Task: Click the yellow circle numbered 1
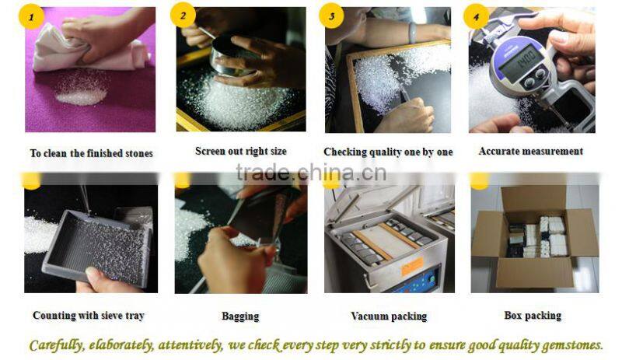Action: pyautogui.click(x=31, y=16)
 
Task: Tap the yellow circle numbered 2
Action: pyautogui.click(x=183, y=16)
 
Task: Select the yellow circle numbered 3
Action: pyautogui.click(x=331, y=16)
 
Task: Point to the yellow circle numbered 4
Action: pyautogui.click(x=476, y=16)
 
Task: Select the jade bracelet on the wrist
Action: pyautogui.click(x=413, y=32)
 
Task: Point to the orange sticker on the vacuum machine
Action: pyautogui.click(x=412, y=266)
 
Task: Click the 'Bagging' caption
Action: pyautogui.click(x=240, y=316)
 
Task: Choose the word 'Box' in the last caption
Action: pyautogui.click(x=513, y=316)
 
